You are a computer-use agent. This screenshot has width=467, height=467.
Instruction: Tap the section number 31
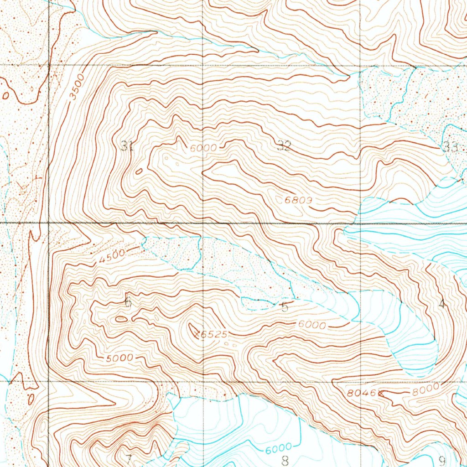[127, 146]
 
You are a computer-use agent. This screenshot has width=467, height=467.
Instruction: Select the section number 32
[284, 146]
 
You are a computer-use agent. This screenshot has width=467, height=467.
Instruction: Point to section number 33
[450, 147]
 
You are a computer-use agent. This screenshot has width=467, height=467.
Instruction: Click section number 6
[128, 301]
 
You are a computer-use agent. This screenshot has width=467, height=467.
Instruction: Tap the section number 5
[285, 306]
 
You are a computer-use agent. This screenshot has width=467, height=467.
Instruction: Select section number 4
[441, 304]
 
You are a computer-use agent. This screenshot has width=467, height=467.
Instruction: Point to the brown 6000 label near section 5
[313, 326]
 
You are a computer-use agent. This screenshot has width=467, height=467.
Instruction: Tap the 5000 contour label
[119, 358]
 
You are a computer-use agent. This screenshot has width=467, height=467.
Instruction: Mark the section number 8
[285, 460]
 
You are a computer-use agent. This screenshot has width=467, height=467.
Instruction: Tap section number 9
[441, 460]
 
